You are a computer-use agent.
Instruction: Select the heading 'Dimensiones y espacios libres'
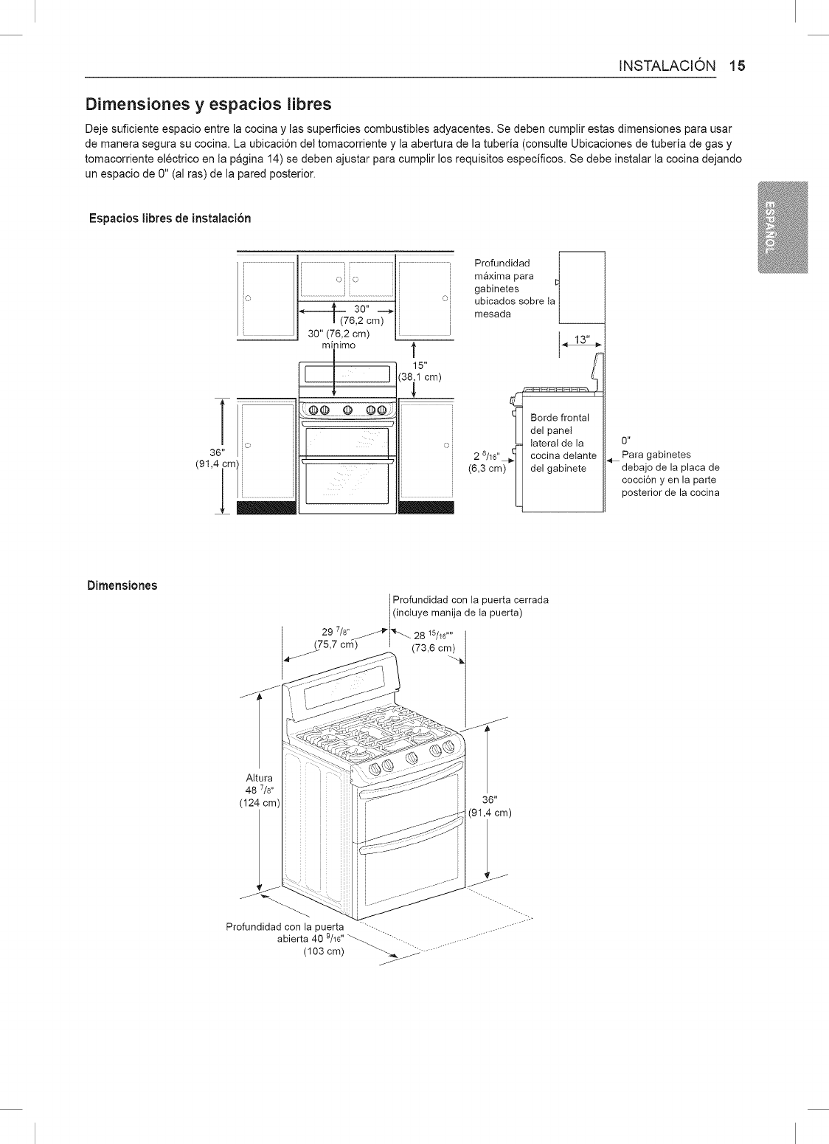point(209,102)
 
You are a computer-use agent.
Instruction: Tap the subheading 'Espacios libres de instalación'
point(170,218)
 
